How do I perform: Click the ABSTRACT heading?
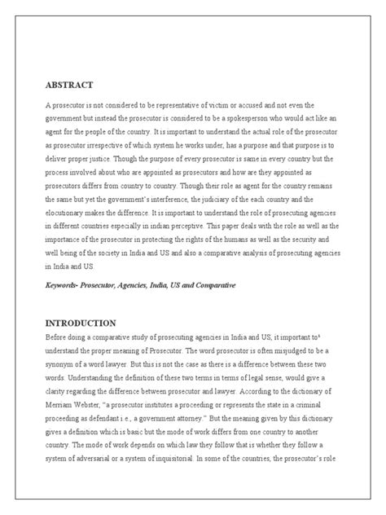tap(69, 85)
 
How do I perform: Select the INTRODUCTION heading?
tap(81, 323)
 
